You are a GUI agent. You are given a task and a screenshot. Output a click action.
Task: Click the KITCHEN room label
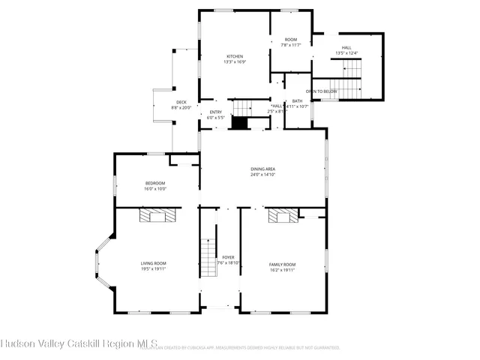point(235,56)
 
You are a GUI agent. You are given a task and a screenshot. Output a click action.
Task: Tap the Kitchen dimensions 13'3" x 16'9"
point(235,62)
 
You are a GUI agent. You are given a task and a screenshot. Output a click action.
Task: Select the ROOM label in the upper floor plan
point(290,40)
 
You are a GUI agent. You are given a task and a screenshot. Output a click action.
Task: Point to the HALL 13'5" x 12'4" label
point(346,50)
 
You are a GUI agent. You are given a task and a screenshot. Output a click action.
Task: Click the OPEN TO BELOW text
point(322,91)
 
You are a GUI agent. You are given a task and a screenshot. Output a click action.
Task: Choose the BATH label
point(298,101)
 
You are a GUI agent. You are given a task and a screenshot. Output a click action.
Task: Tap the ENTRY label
point(215,112)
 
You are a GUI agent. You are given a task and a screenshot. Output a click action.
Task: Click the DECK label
point(181,102)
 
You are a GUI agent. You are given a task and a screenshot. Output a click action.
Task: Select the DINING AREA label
point(263,169)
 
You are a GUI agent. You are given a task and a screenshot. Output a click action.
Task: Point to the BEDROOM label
point(154,183)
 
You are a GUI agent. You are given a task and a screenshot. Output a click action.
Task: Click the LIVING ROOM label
point(153,263)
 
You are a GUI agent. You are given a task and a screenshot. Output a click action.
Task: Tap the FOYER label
point(228,257)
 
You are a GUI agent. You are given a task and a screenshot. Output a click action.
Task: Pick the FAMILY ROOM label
point(283,265)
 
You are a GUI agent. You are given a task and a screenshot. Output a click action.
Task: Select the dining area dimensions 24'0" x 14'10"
point(263,175)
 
